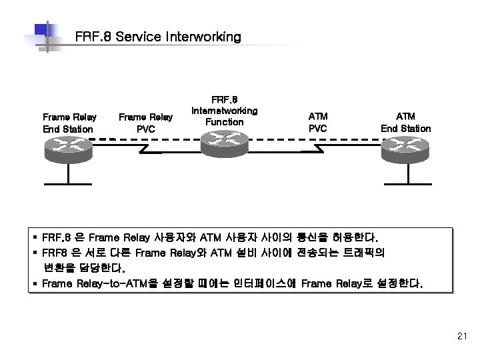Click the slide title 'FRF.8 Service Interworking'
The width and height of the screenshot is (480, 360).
click(158, 37)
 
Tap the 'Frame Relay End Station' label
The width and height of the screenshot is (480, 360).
click(69, 123)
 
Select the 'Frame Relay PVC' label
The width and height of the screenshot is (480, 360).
click(145, 123)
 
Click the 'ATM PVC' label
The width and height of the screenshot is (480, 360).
click(318, 123)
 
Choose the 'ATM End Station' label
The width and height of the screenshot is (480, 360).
click(405, 123)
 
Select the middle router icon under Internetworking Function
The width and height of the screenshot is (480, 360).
click(224, 142)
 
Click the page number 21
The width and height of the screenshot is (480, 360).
click(462, 337)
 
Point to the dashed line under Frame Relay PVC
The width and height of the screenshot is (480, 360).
click(147, 140)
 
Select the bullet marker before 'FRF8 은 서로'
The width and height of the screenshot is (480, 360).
click(34, 253)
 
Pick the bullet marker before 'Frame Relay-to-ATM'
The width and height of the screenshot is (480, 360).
click(34, 283)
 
